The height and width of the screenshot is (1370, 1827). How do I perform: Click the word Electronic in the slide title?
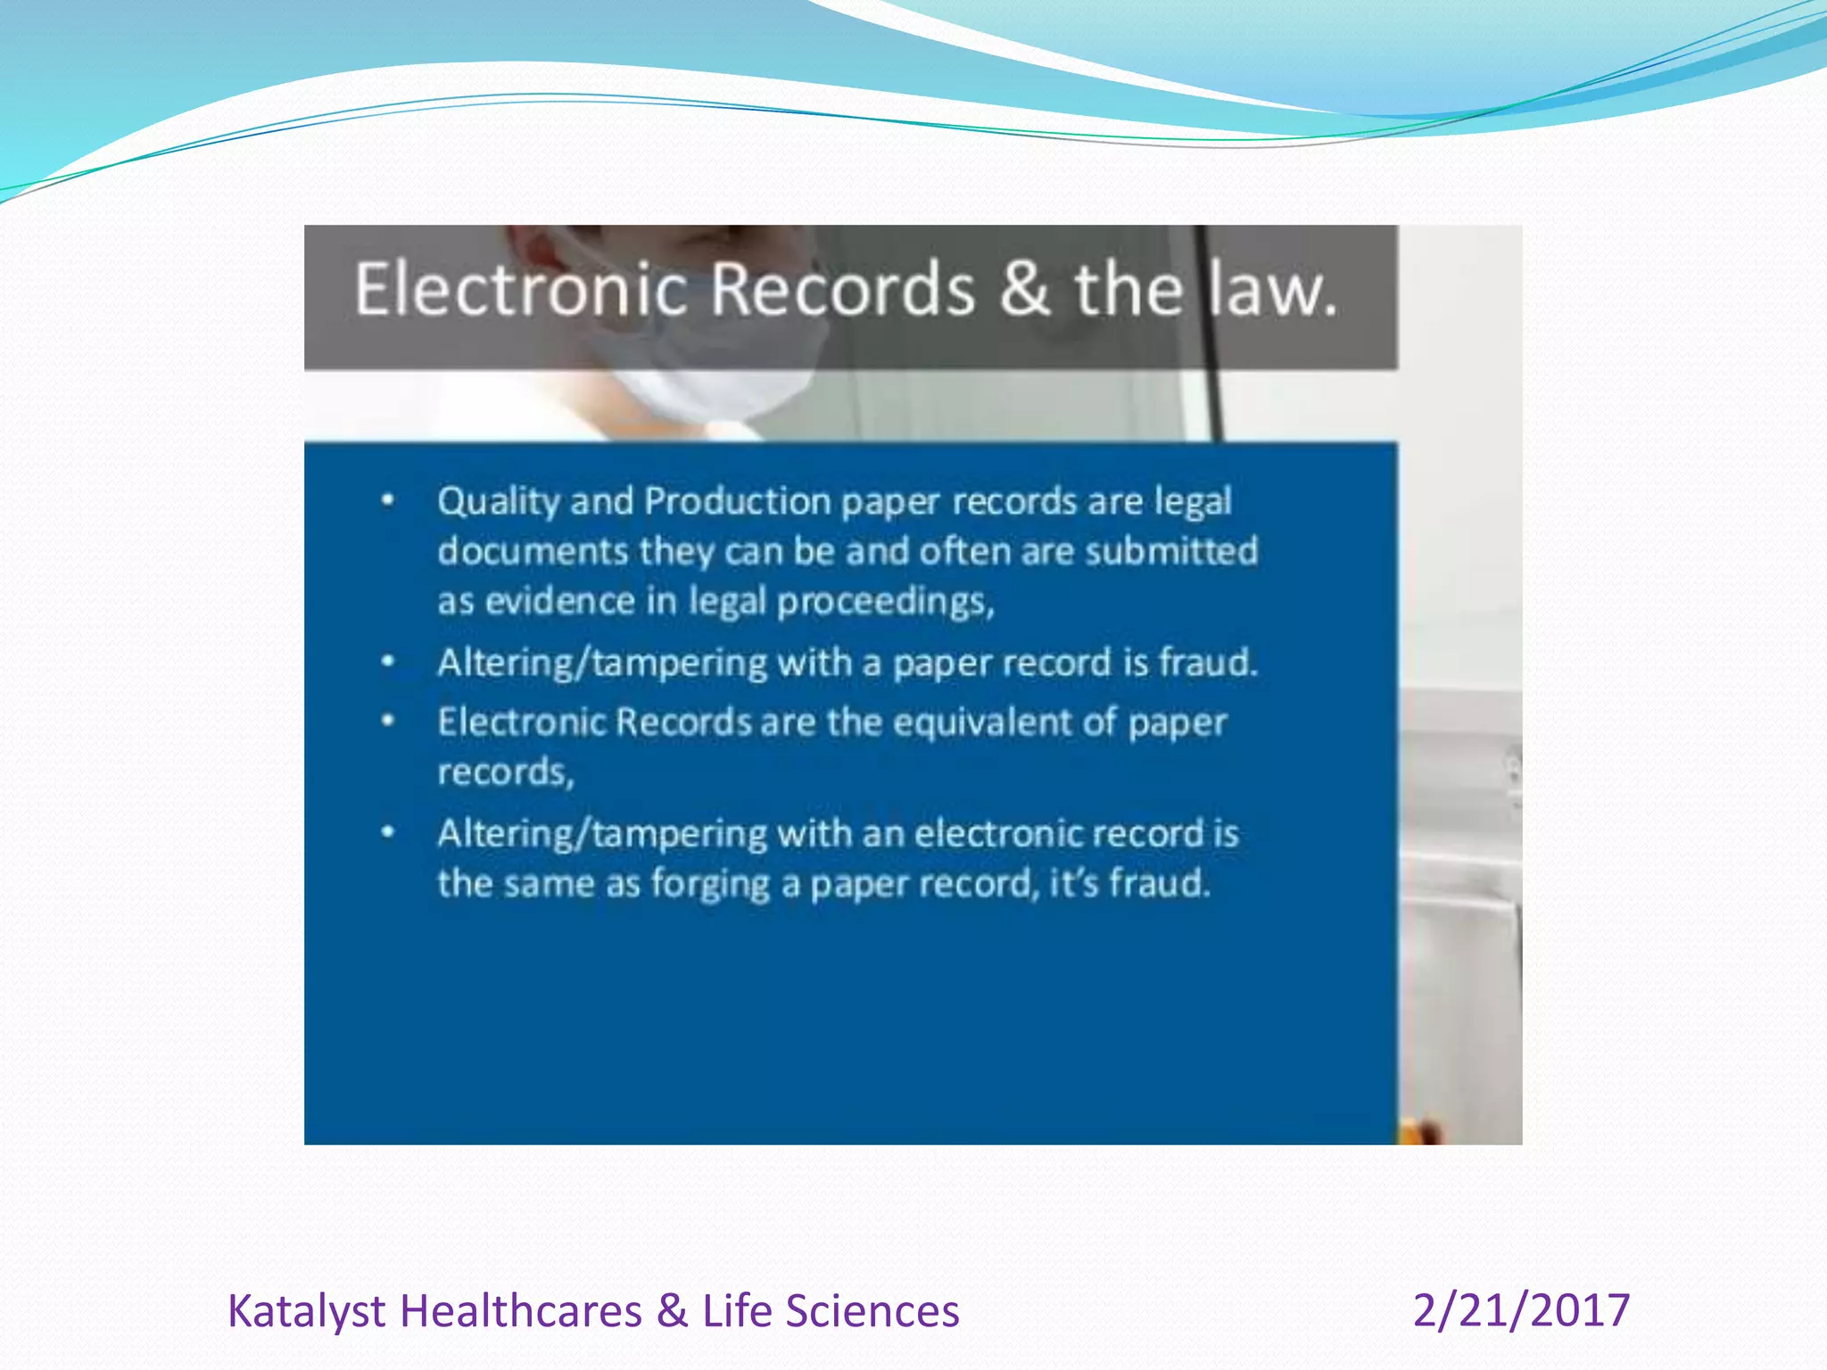click(521, 289)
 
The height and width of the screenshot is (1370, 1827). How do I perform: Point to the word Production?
click(738, 501)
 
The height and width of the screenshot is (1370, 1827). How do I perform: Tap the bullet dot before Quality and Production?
click(387, 500)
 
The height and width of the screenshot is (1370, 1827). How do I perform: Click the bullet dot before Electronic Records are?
click(387, 721)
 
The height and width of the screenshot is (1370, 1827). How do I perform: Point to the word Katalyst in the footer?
click(306, 1311)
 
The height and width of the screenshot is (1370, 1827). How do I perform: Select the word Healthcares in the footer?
click(521, 1311)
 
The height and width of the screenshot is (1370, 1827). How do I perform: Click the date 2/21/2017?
click(1521, 1310)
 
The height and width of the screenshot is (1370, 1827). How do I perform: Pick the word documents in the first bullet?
click(532, 551)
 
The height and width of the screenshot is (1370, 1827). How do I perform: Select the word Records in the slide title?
click(842, 289)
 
